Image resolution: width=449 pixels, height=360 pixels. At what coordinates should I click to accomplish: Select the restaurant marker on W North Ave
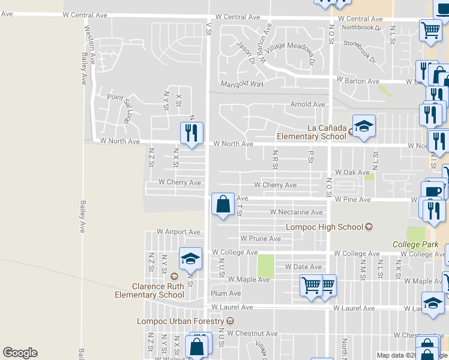tap(192, 134)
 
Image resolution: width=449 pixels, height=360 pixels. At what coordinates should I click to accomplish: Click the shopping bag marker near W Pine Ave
tap(223, 204)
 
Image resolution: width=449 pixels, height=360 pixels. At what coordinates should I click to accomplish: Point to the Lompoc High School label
tap(324, 227)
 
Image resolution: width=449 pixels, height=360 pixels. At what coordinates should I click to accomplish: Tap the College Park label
tap(415, 244)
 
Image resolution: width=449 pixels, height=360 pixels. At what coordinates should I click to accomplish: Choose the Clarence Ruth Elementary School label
tap(158, 290)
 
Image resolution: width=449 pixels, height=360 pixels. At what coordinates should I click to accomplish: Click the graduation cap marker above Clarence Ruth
tap(190, 259)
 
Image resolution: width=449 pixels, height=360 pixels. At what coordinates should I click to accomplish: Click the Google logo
tap(20, 353)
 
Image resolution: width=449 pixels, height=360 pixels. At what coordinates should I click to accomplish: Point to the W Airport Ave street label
tap(178, 232)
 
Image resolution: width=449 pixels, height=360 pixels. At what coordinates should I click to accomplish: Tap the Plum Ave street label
tap(226, 293)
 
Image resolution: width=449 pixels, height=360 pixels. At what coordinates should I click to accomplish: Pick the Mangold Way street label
tap(242, 84)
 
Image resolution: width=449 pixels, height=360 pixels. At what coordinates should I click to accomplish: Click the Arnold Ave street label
tap(307, 104)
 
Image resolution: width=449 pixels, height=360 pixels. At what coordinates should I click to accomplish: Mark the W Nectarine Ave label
tap(296, 212)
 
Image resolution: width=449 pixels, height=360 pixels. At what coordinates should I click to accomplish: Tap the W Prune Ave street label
tap(260, 238)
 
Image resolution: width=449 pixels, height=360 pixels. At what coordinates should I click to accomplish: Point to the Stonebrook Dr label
tap(359, 52)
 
